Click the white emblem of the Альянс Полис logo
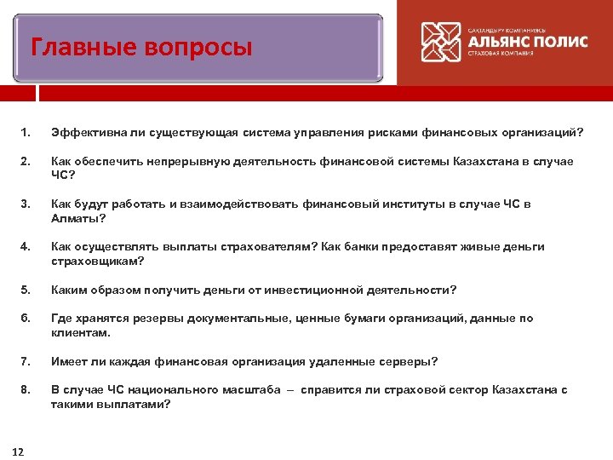[x=442, y=42]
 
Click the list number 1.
[x=26, y=133]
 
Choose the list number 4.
[x=26, y=247]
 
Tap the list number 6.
[x=26, y=319]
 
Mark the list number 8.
[x=26, y=390]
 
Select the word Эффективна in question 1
[x=86, y=133]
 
